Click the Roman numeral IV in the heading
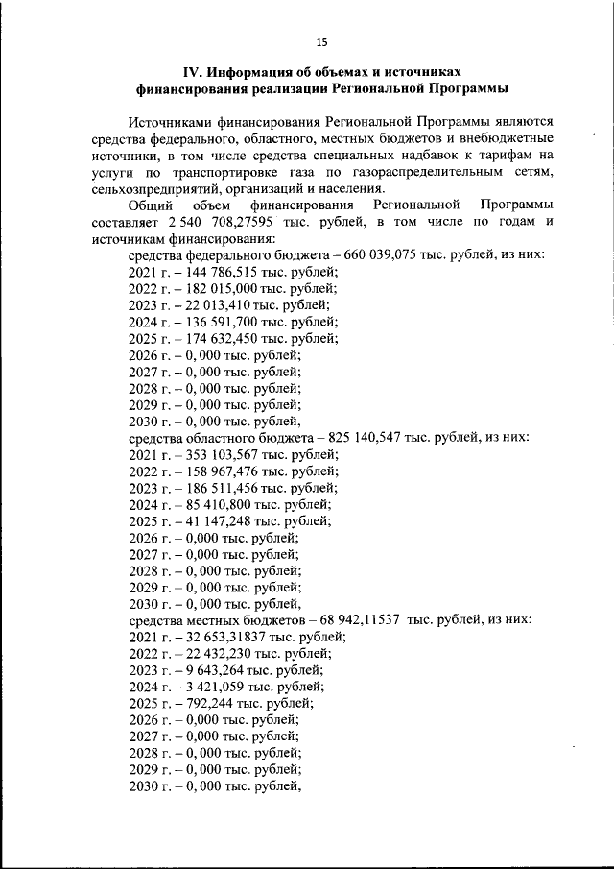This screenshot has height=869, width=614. click(x=194, y=72)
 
